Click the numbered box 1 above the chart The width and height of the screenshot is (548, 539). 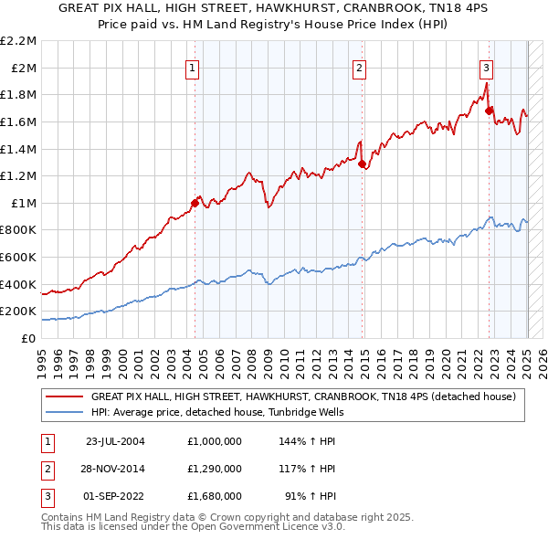click(194, 67)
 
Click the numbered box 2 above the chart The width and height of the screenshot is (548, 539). click(360, 67)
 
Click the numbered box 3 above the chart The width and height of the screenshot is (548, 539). click(487, 67)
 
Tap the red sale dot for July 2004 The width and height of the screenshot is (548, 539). click(195, 203)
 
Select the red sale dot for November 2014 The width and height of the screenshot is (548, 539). click(363, 164)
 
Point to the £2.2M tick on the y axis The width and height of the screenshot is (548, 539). click(20, 41)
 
